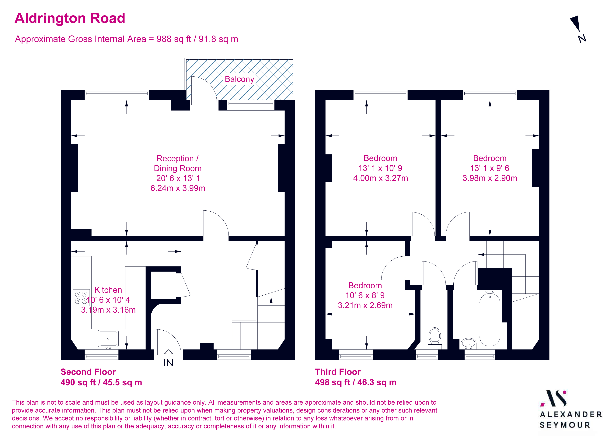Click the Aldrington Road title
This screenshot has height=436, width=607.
coord(70,18)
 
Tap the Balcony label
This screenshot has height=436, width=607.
coord(239,79)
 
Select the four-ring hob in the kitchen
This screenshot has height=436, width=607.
coord(81,297)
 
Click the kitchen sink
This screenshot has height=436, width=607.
coord(108,339)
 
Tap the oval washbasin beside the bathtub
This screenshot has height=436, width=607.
coord(468,343)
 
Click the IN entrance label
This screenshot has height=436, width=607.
coord(168,363)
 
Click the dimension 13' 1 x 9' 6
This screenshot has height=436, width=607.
coord(490,168)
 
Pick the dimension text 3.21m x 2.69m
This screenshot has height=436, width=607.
coord(365,305)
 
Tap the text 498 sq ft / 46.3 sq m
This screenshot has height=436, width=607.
coord(355,382)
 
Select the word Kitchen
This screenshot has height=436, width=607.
coord(108,290)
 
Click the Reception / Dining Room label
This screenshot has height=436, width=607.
coord(177,163)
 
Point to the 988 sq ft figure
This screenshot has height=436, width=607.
coord(174,39)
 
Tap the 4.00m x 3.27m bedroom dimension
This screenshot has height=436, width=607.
coord(380,178)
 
